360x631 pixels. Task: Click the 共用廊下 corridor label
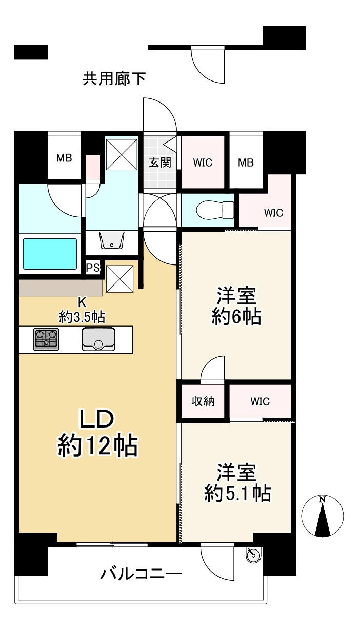[114, 78]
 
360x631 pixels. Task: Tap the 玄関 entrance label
[160, 162]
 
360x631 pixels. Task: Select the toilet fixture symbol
[215, 210]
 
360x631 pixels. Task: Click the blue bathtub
[50, 254]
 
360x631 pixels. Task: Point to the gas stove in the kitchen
[46, 339]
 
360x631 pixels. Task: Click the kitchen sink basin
[98, 339]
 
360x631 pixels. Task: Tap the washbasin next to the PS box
[112, 240]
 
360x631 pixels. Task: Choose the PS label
[93, 268]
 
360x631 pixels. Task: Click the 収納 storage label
[203, 401]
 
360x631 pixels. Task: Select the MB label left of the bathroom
[64, 158]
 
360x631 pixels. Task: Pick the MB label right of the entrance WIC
[246, 162]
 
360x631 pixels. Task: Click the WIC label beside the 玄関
[203, 162]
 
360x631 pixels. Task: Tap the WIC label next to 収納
[260, 401]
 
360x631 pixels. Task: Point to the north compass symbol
[323, 516]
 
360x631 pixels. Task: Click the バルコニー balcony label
[141, 574]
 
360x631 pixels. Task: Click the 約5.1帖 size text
[237, 493]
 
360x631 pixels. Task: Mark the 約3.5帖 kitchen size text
[82, 317]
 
